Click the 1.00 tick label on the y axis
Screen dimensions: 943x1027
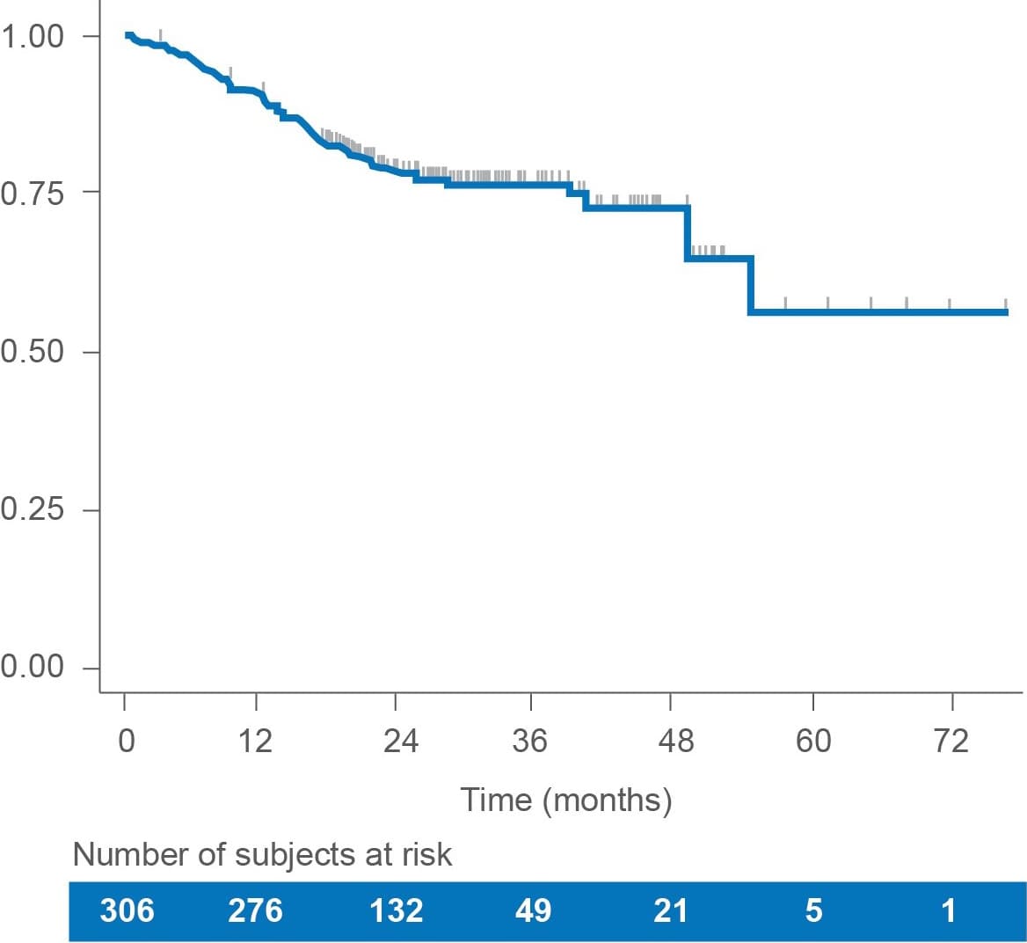(32, 37)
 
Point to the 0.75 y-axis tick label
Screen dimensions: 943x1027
(32, 194)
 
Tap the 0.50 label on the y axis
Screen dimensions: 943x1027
(32, 352)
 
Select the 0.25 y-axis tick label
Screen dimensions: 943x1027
(32, 510)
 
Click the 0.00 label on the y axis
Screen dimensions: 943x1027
(32, 668)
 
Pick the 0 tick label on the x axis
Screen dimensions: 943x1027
(126, 742)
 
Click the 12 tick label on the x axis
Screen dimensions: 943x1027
(255, 742)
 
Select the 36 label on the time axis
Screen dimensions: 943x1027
(529, 742)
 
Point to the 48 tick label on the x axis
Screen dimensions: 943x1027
(674, 742)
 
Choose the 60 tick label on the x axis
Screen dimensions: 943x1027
(813, 742)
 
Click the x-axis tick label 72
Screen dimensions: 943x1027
(951, 742)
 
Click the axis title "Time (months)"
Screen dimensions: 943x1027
(566, 800)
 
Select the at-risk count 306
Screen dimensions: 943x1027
(127, 910)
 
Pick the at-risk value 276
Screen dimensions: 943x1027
(255, 910)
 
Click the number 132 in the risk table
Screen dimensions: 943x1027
(397, 910)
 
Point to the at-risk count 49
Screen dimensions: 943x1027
(533, 910)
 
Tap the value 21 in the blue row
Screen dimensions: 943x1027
(671, 910)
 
